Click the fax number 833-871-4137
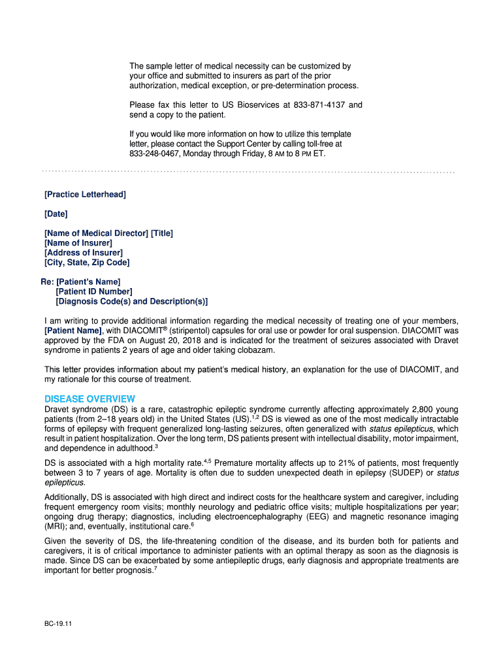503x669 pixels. click(321, 105)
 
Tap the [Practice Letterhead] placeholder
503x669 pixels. click(85, 195)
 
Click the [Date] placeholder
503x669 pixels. click(56, 214)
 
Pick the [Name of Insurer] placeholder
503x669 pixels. click(78, 243)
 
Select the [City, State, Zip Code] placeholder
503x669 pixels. click(87, 263)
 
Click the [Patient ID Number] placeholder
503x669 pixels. click(94, 291)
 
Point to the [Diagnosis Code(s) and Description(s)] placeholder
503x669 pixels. click(132, 301)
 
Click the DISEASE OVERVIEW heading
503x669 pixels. click(89, 399)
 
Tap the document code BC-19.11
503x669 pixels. click(54, 623)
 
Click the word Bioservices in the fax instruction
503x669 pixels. click(251, 105)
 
